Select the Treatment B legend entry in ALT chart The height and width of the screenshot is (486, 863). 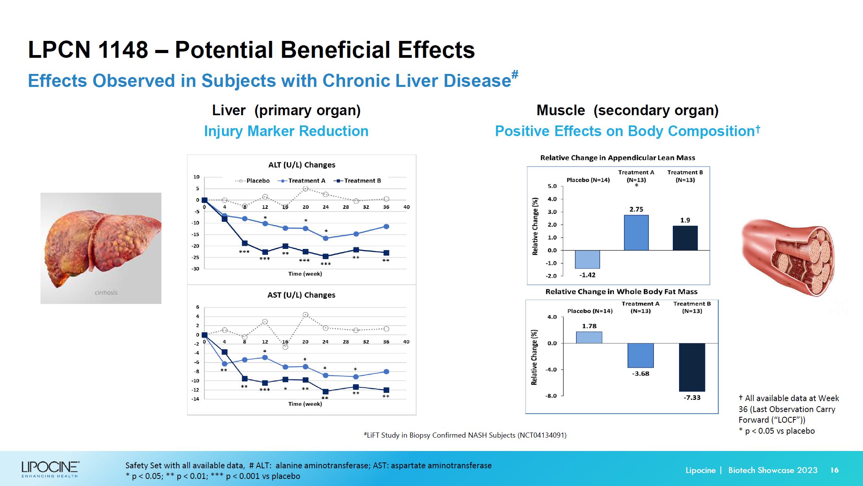point(357,181)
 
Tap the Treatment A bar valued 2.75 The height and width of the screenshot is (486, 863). point(636,232)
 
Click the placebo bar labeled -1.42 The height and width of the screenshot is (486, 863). point(587,259)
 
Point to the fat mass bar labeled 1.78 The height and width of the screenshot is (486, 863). point(589,337)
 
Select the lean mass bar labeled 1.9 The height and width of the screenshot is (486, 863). point(685,238)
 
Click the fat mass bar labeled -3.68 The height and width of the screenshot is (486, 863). point(640,355)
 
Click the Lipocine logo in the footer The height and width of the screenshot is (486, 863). point(50,469)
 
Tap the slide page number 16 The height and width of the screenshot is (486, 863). point(834,470)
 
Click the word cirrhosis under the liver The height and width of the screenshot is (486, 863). point(106,293)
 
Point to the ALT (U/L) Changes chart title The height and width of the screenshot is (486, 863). point(301,165)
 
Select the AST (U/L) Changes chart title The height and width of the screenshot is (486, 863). point(301,295)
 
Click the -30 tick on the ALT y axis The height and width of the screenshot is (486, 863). point(195,269)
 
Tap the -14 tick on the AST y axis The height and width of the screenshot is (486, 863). point(195,399)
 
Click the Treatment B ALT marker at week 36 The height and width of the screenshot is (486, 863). point(386,253)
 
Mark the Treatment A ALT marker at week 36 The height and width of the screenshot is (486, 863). point(386,226)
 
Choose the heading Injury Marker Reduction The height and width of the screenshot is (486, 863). point(286,131)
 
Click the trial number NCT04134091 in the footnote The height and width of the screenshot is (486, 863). point(542,435)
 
